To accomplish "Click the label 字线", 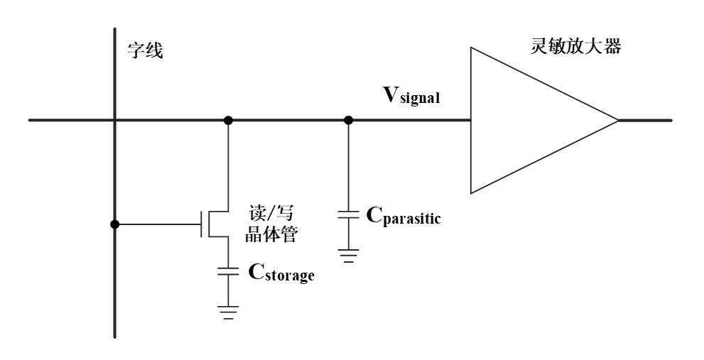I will pos(144,50).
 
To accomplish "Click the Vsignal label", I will pos(412,97).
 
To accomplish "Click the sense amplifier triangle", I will pos(526,120).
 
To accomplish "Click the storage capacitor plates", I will pos(228,271).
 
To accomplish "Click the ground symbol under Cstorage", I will pos(228,311).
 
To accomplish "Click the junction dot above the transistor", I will pos(228,120).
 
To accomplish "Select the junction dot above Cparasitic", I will pos(348,120).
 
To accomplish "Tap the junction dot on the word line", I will pos(114,225).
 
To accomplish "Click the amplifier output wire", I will pos(645,120).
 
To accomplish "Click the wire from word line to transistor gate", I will pos(156,225).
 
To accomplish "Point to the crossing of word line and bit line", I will pos(114,120).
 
